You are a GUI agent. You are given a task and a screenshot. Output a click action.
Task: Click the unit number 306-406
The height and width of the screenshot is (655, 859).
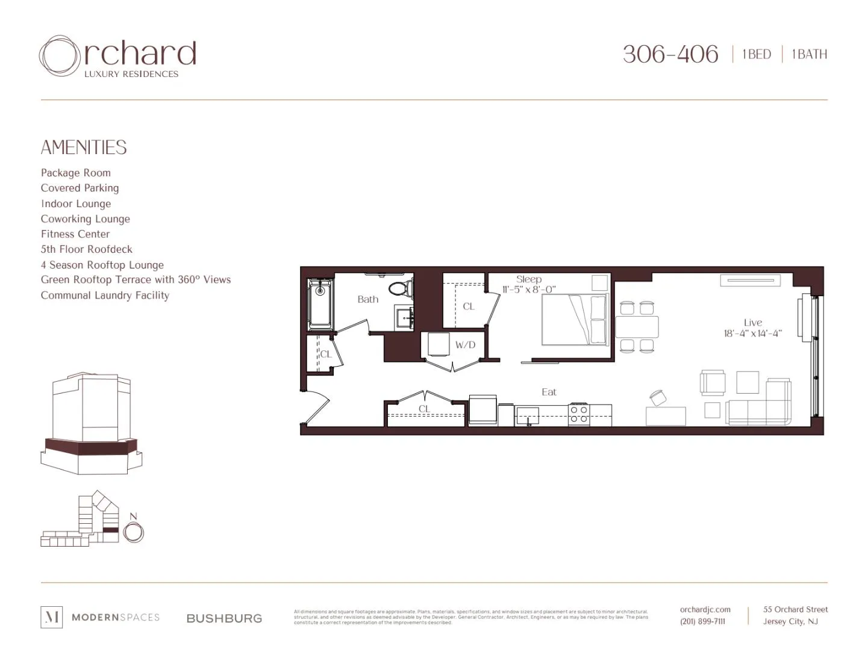pyautogui.click(x=670, y=54)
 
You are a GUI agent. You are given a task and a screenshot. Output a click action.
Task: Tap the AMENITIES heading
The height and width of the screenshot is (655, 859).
pyautogui.click(x=84, y=147)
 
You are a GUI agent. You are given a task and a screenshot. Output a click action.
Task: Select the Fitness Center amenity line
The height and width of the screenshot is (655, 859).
pyautogui.click(x=75, y=234)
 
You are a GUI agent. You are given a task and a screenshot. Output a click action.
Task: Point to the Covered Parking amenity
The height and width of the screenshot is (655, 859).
pyautogui.click(x=80, y=188)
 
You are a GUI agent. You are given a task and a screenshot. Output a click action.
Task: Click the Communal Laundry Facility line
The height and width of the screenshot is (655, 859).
pyautogui.click(x=105, y=296)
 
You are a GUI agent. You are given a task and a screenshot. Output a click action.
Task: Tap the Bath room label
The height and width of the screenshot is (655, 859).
pyautogui.click(x=367, y=299)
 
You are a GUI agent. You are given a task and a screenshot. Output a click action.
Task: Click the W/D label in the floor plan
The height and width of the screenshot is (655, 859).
pyautogui.click(x=465, y=345)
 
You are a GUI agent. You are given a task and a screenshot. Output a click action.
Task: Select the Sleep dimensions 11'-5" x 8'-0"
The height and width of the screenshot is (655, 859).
pyautogui.click(x=528, y=290)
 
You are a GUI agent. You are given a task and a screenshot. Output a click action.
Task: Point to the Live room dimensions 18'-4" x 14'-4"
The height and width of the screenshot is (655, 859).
pyautogui.click(x=752, y=333)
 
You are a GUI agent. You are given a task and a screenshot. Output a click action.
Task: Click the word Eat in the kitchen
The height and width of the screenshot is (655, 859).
pyautogui.click(x=549, y=392)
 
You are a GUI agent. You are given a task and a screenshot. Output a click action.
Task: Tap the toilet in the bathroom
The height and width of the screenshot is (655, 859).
pyautogui.click(x=398, y=288)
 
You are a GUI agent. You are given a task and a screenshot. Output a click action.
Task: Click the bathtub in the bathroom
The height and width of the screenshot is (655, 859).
pyautogui.click(x=320, y=304)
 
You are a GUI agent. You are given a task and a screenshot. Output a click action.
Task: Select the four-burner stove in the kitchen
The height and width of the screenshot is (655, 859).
pyautogui.click(x=579, y=414)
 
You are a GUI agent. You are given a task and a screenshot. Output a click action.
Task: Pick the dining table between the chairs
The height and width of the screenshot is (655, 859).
pyautogui.click(x=637, y=327)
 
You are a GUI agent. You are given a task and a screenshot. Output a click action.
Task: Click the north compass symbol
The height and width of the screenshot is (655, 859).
pyautogui.click(x=134, y=532)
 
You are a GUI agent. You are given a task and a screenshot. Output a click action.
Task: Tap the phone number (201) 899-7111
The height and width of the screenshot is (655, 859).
pyautogui.click(x=702, y=621)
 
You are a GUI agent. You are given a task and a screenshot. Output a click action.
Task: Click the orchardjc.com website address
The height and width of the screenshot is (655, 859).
pyautogui.click(x=705, y=609)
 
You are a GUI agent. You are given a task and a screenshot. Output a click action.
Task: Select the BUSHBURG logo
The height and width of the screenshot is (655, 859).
pyautogui.click(x=224, y=618)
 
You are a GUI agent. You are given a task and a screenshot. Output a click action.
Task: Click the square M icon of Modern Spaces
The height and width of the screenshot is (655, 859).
pyautogui.click(x=51, y=617)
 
